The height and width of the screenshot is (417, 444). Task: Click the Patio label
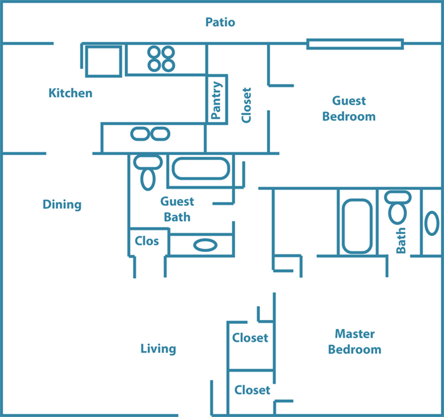220,22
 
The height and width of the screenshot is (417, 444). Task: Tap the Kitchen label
70,93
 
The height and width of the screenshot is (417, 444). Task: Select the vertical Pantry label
217,100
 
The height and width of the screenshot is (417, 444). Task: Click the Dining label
62,205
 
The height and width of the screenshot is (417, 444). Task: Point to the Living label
158,349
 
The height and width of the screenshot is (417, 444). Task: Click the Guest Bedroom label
349,108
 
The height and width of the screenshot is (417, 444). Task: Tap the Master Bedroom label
355,342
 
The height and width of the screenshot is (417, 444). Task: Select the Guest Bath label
177,209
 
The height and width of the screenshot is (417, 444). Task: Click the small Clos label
147,241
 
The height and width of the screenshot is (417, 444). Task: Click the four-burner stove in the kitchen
161,59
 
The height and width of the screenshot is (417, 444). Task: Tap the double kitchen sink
150,134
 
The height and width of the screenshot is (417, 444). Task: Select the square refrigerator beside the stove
104,61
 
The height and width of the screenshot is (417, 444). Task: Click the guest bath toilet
148,172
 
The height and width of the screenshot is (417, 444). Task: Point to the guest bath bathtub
201,169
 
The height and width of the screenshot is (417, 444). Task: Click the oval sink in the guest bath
205,245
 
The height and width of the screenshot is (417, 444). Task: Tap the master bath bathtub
357,226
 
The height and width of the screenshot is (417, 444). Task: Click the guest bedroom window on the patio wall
355,44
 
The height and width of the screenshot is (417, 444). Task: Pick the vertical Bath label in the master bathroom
401,240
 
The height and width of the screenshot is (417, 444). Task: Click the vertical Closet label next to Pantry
247,105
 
